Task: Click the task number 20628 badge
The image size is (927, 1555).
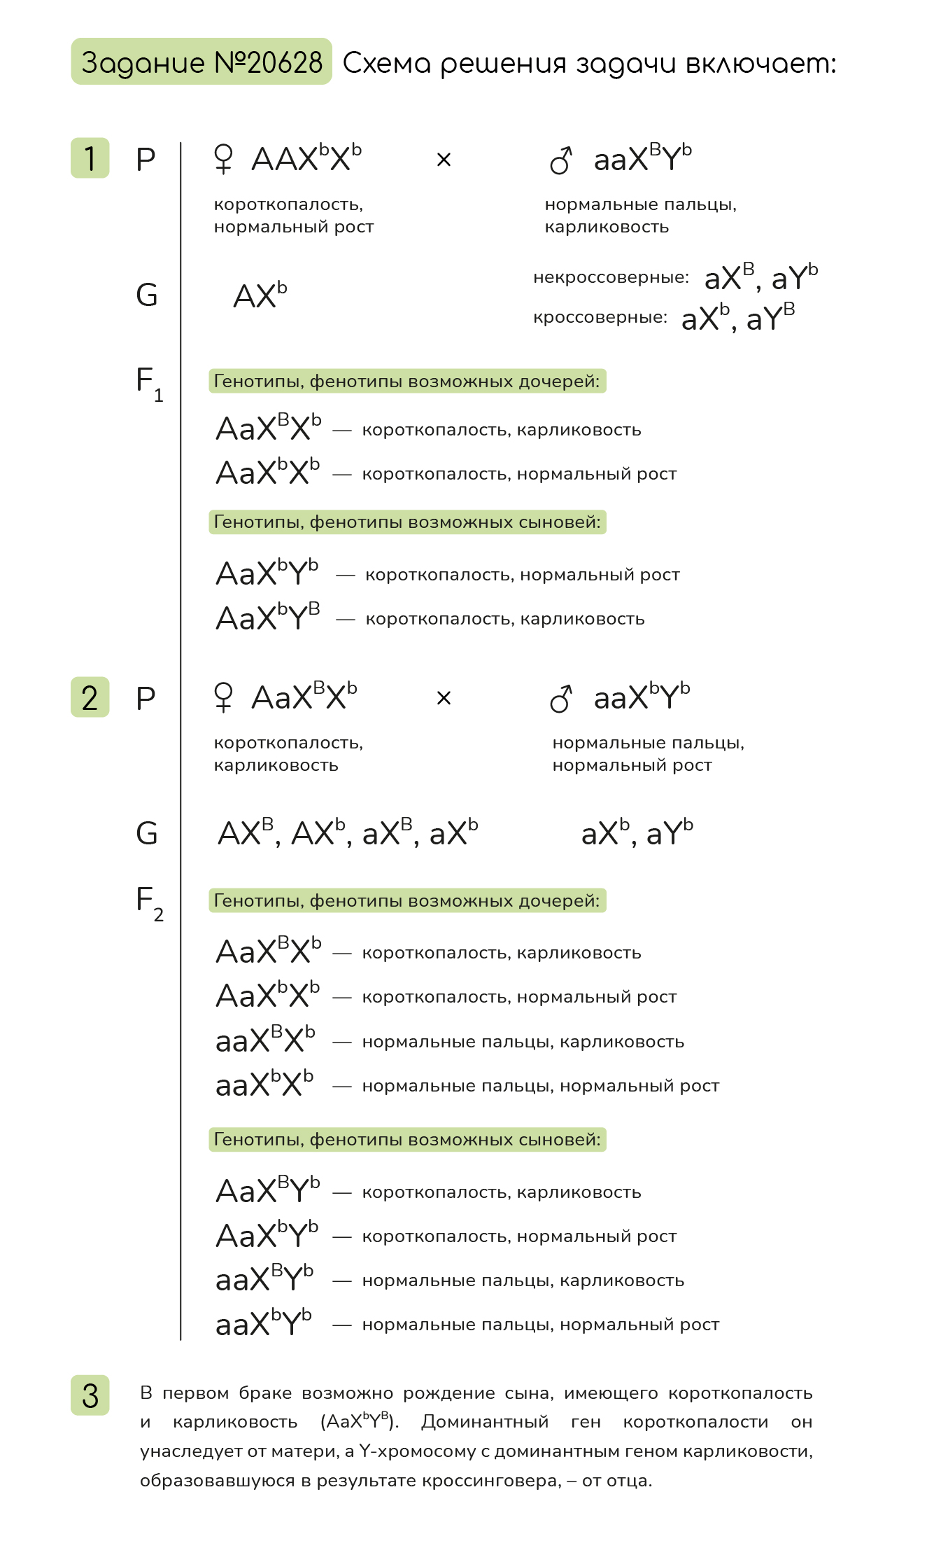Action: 201,62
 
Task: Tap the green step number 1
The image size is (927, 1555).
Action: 90,158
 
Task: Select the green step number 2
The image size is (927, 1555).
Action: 90,697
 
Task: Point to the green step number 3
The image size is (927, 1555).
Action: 90,1395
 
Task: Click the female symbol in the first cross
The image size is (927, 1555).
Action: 223,159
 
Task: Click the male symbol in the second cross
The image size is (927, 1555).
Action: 561,698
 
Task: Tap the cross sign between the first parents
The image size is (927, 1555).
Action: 444,160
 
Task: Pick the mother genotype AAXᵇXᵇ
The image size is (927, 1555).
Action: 306,158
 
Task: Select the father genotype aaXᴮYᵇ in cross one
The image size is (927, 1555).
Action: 642,158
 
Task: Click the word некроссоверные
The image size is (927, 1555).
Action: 611,278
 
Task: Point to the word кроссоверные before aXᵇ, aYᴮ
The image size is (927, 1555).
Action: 600,318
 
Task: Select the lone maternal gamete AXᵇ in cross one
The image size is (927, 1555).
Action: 260,295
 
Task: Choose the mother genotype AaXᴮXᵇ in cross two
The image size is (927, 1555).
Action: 304,697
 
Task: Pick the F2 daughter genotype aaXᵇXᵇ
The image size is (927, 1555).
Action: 264,1085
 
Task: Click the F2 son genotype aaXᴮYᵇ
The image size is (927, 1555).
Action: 264,1279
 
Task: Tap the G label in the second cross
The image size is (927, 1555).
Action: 147,833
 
